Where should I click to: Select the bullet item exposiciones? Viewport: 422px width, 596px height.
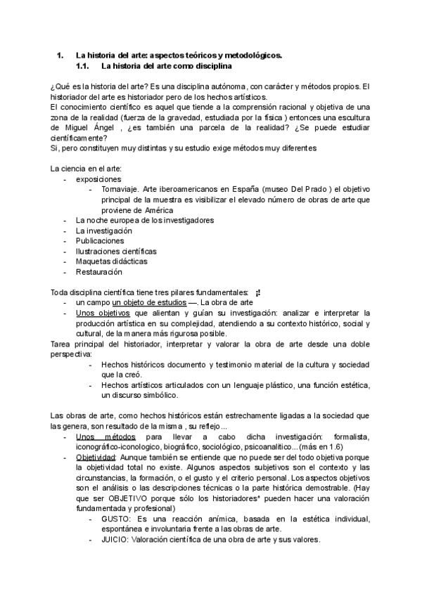(99, 179)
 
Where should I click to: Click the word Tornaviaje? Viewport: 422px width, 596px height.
(120, 190)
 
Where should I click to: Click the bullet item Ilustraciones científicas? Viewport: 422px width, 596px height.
(116, 251)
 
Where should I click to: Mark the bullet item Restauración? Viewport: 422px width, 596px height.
(98, 271)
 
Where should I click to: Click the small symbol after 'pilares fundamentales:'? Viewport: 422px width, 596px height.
(258, 292)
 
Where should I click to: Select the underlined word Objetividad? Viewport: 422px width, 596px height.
(96, 457)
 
